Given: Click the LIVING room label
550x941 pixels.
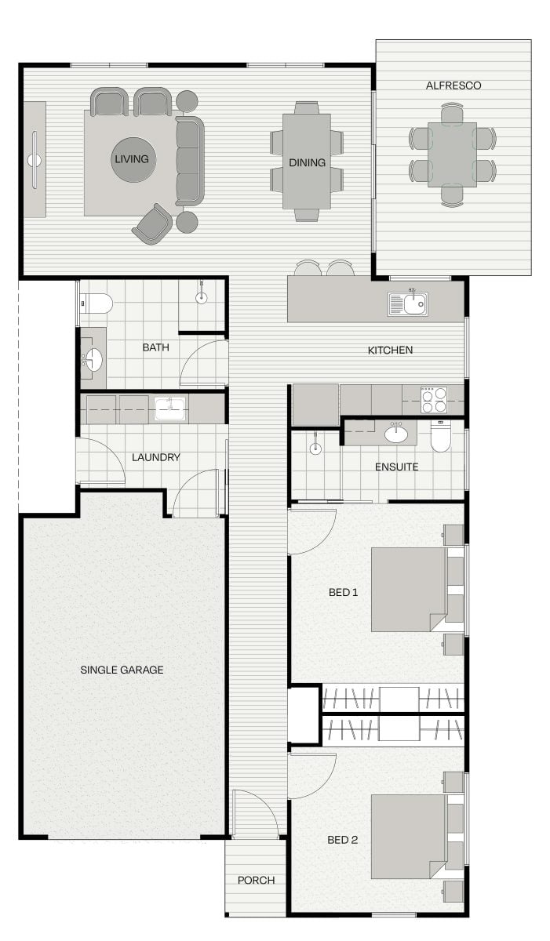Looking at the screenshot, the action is (132, 159).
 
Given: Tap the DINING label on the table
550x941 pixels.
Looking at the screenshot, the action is (307, 162).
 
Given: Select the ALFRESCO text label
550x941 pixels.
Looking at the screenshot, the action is (453, 85).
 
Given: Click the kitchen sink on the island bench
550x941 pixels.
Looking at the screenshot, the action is (407, 303).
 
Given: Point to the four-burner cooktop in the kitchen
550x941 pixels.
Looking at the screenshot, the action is (434, 399).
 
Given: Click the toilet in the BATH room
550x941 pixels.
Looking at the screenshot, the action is (97, 303).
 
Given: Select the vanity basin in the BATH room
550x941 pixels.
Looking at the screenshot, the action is (92, 360).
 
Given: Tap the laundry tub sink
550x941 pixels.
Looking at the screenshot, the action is (169, 409).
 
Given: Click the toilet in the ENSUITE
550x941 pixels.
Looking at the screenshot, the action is (441, 436).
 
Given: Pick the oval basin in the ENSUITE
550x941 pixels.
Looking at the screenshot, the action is (395, 434).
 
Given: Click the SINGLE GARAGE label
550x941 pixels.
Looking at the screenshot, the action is (122, 670).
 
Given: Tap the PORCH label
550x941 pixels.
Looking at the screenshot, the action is (256, 880).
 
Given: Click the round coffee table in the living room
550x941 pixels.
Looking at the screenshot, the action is (133, 160).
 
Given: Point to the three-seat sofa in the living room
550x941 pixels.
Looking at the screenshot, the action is (190, 161).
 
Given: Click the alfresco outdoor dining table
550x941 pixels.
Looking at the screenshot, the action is (452, 154).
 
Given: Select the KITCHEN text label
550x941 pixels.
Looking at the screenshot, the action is (391, 351).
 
